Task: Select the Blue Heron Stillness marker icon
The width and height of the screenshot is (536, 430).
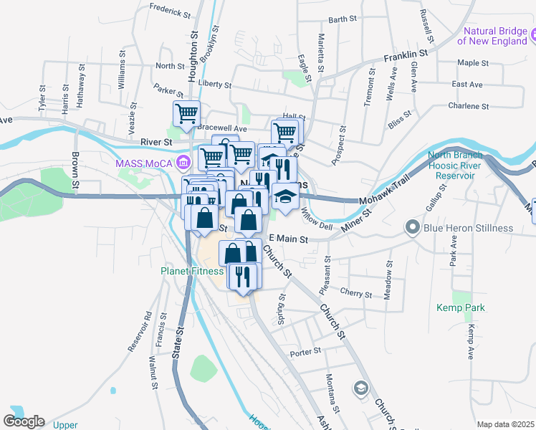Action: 412,228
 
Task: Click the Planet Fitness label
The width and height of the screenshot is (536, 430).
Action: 190,272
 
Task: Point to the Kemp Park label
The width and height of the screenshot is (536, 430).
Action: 461,307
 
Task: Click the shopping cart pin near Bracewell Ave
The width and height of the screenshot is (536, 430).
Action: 186,113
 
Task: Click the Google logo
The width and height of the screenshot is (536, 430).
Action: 24,421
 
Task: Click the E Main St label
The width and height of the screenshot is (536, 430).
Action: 288,239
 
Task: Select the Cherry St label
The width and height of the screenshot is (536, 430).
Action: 356,294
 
